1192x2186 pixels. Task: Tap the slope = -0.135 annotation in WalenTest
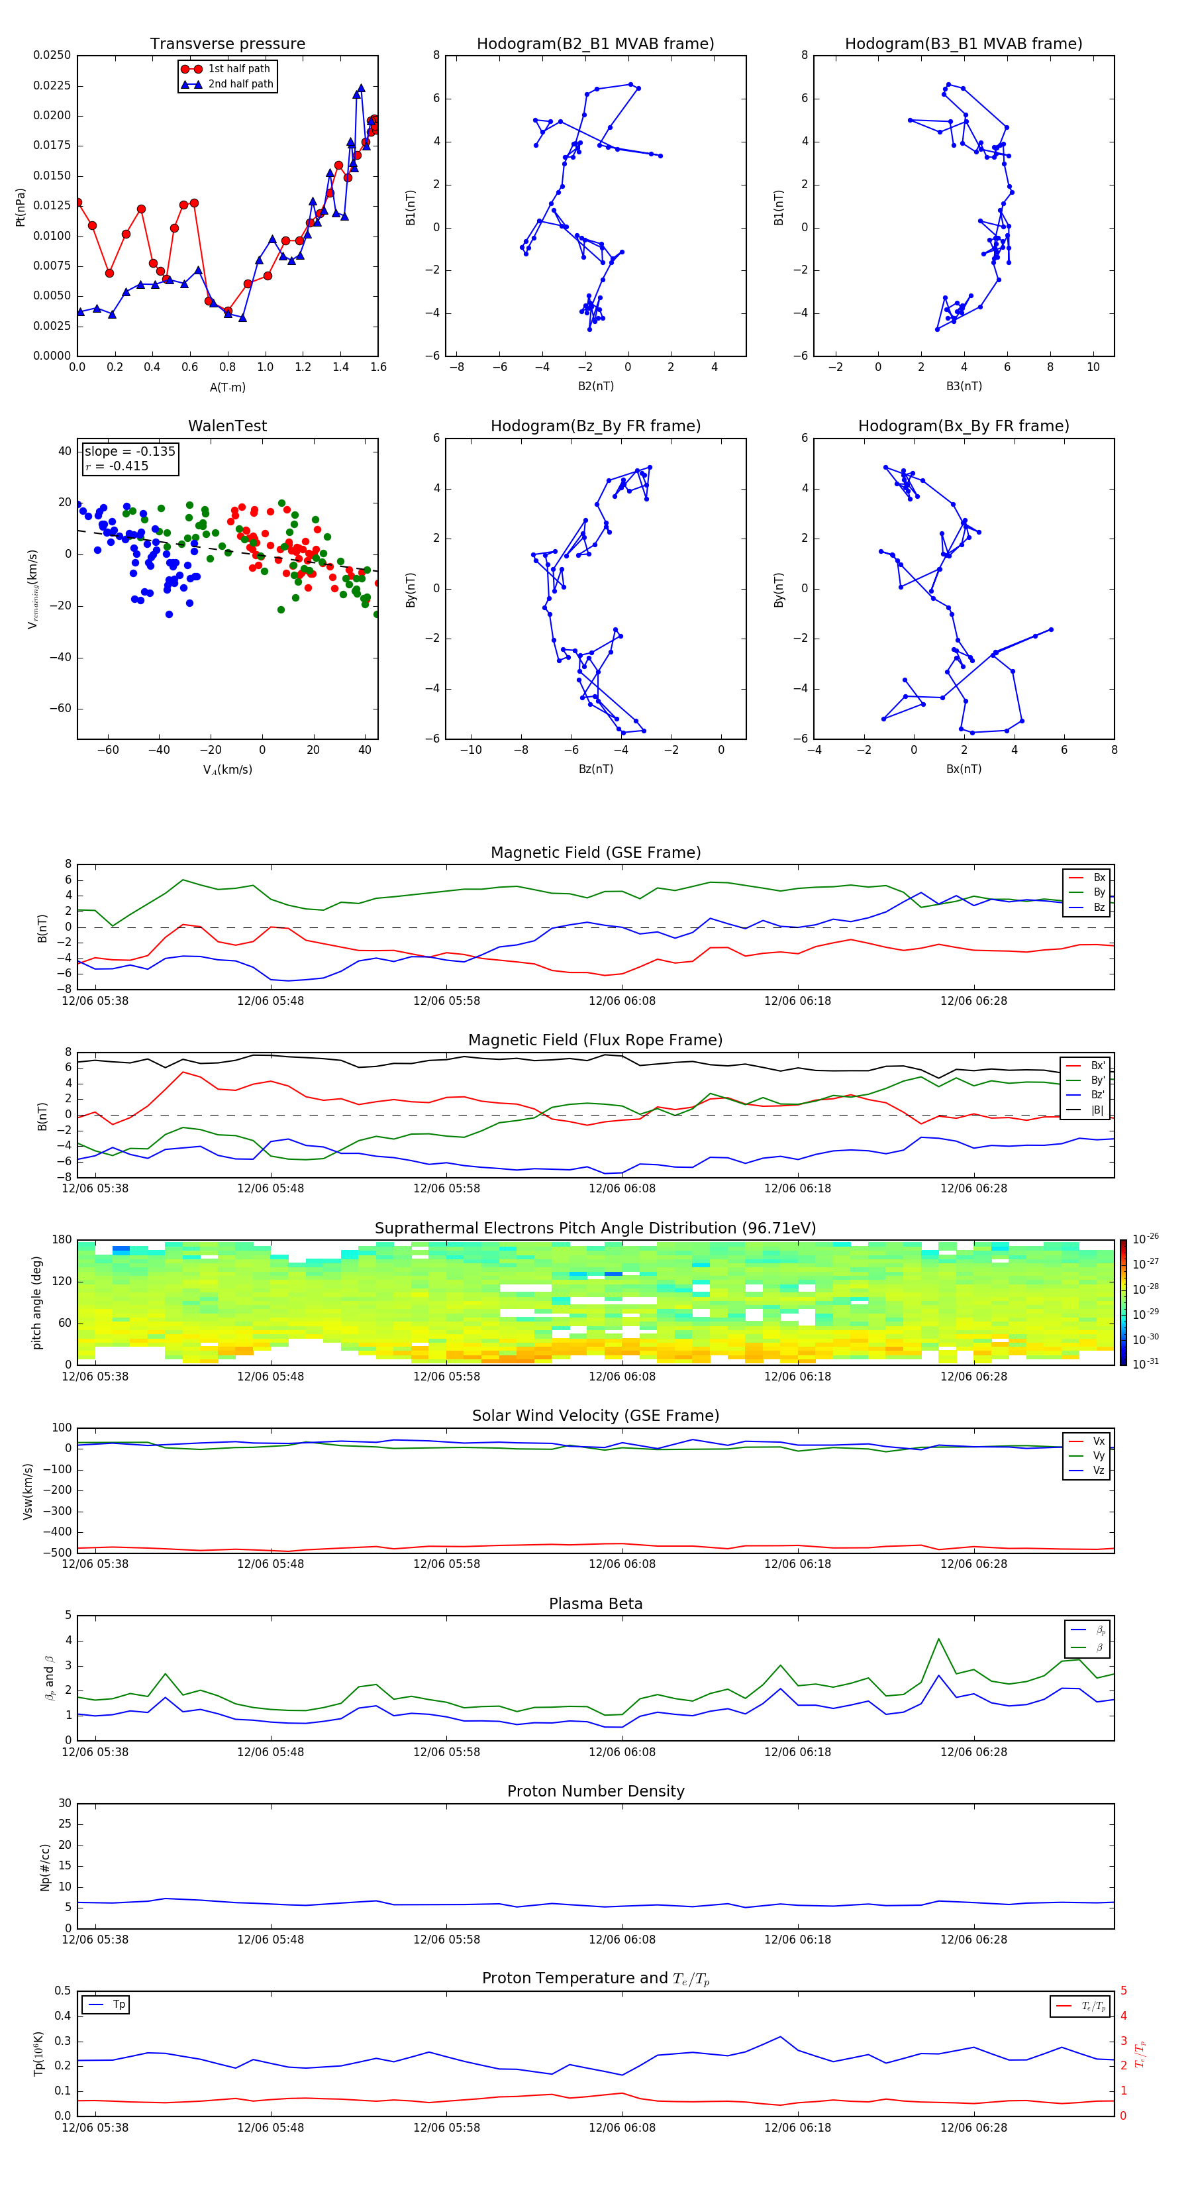pos(130,452)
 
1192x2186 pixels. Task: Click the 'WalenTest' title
pos(227,426)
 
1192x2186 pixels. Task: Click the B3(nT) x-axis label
pos(964,386)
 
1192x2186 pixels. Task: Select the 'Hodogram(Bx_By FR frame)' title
pos(963,426)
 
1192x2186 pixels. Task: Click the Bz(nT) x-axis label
pos(595,769)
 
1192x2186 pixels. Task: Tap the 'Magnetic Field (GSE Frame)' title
pos(595,853)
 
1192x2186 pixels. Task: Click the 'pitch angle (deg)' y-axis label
pos(36,1302)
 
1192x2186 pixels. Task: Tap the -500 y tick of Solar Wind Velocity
pos(60,1553)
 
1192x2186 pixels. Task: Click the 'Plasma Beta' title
pos(595,1604)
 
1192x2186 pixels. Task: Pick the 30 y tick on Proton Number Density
pos(64,1803)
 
